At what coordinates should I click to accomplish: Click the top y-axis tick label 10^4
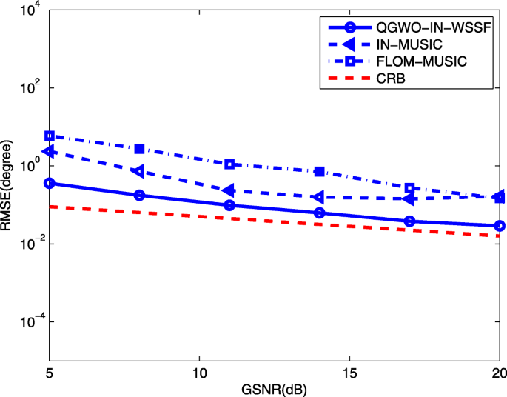[x=31, y=10]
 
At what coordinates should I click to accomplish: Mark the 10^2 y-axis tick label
[x=31, y=88]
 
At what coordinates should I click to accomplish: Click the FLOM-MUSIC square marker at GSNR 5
[x=50, y=136]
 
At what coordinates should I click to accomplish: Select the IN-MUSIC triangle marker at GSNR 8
[x=138, y=171]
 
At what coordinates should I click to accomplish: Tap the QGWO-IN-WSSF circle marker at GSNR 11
[x=229, y=205]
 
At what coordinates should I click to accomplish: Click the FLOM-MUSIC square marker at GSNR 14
[x=320, y=171]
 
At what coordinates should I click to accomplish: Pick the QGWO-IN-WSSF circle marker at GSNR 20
[x=500, y=226]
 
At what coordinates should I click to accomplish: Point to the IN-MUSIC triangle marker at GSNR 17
[x=409, y=198]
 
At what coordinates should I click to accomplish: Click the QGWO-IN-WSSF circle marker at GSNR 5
[x=50, y=183]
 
